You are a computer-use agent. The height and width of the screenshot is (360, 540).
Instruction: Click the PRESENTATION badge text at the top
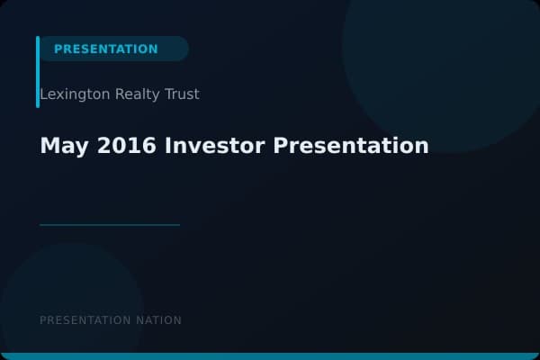pos(105,49)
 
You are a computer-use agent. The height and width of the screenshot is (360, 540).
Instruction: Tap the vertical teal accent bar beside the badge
pos(38,72)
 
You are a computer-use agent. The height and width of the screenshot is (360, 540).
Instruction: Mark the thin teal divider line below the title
pos(110,225)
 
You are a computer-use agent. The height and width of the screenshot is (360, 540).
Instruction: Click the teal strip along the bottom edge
pos(270,356)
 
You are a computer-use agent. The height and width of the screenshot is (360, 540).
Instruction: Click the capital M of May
pos(49,145)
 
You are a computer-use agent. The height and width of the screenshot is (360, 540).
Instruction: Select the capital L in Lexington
pos(43,94)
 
